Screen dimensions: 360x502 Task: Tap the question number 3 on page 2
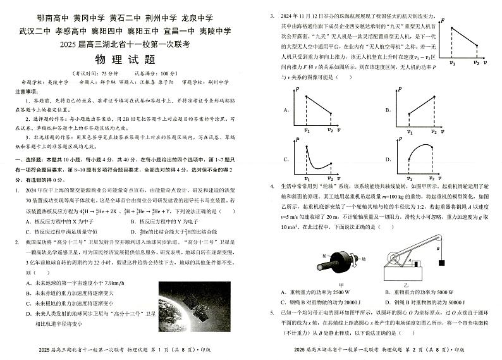click(x=271, y=16)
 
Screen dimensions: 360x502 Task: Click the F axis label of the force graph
click(x=443, y=22)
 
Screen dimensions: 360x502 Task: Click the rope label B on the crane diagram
click(x=439, y=249)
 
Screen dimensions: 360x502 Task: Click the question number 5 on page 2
click(x=271, y=312)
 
